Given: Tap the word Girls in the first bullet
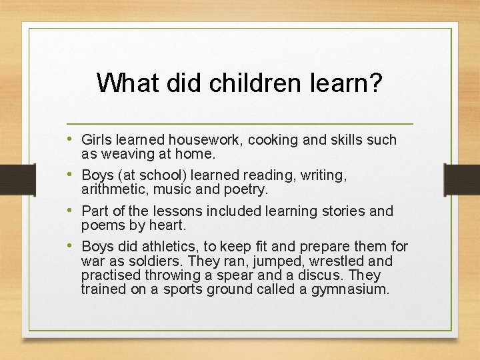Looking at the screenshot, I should tap(96, 140).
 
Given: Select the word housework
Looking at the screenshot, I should tap(207, 140).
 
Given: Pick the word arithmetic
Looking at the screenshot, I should tap(114, 189).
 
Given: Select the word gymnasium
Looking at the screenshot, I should tap(349, 289).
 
